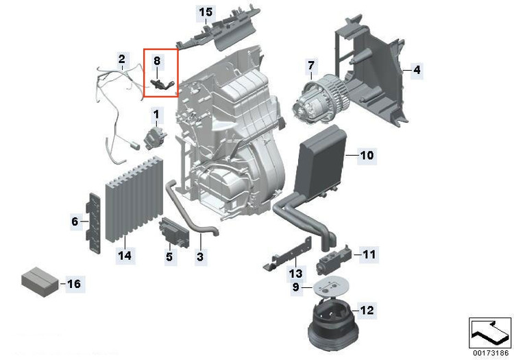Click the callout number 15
(206, 12)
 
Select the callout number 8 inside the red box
(157, 60)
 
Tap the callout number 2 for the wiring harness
(121, 60)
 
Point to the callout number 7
(310, 66)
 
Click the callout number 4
(417, 70)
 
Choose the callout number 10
(367, 155)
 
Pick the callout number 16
(74, 284)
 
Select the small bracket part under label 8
(162, 84)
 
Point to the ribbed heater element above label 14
(134, 200)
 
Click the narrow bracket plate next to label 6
(94, 223)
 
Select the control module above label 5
(174, 232)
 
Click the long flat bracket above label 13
(287, 254)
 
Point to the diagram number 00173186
(491, 352)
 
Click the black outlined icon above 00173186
(490, 333)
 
